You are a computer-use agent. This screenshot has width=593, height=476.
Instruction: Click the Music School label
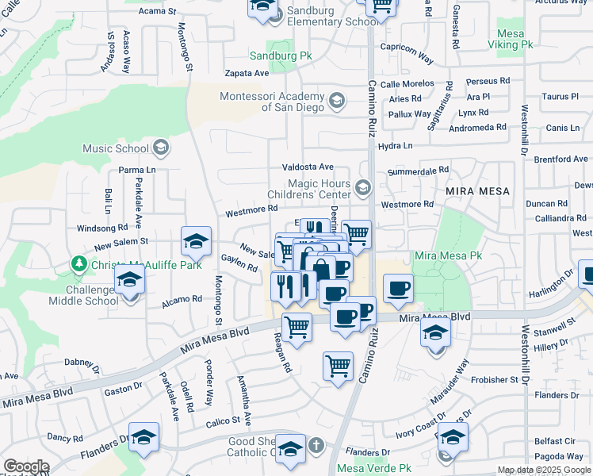click(116, 148)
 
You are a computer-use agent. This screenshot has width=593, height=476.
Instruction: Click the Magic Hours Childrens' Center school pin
click(364, 188)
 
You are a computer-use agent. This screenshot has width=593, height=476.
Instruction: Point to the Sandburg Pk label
click(281, 56)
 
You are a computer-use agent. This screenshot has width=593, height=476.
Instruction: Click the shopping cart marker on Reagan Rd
click(296, 326)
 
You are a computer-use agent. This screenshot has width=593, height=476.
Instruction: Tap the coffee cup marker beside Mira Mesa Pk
click(398, 288)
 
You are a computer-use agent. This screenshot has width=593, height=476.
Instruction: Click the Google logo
click(26, 466)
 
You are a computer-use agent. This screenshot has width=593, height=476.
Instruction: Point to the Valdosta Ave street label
click(308, 167)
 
